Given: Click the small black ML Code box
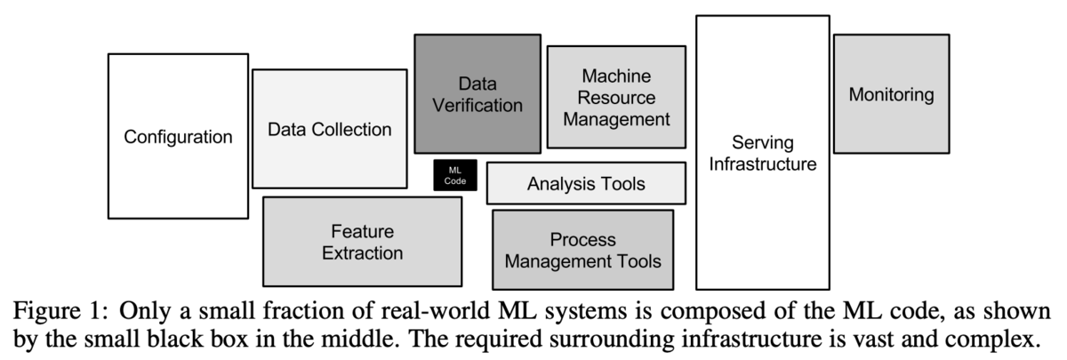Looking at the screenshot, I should (x=455, y=175).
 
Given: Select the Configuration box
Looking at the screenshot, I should (x=178, y=136).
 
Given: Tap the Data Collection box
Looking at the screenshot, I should (x=329, y=129).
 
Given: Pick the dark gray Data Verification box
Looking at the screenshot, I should (x=477, y=94).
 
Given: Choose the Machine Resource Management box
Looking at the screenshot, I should (x=616, y=97).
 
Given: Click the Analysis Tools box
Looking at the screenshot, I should (x=586, y=184).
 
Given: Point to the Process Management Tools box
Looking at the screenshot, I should (x=582, y=250).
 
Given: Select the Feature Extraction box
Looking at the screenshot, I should (x=362, y=242).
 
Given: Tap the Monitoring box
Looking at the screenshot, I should (x=891, y=93).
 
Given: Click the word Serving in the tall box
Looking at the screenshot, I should (x=763, y=143).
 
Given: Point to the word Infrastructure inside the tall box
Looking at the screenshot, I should (x=763, y=164).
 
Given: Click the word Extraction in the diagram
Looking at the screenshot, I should (x=362, y=253).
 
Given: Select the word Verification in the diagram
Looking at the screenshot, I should (x=477, y=106).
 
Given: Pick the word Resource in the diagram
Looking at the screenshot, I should (x=616, y=97).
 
